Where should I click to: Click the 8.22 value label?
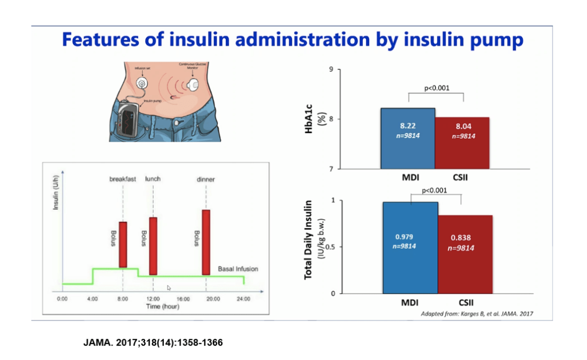click(408, 125)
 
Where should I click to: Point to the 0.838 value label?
click(462, 238)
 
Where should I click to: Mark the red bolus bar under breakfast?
click(123, 244)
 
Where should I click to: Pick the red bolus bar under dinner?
click(206, 242)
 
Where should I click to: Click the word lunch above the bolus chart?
click(153, 179)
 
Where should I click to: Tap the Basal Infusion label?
click(238, 269)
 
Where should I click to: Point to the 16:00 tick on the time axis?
click(183, 299)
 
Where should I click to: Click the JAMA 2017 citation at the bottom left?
click(153, 343)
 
